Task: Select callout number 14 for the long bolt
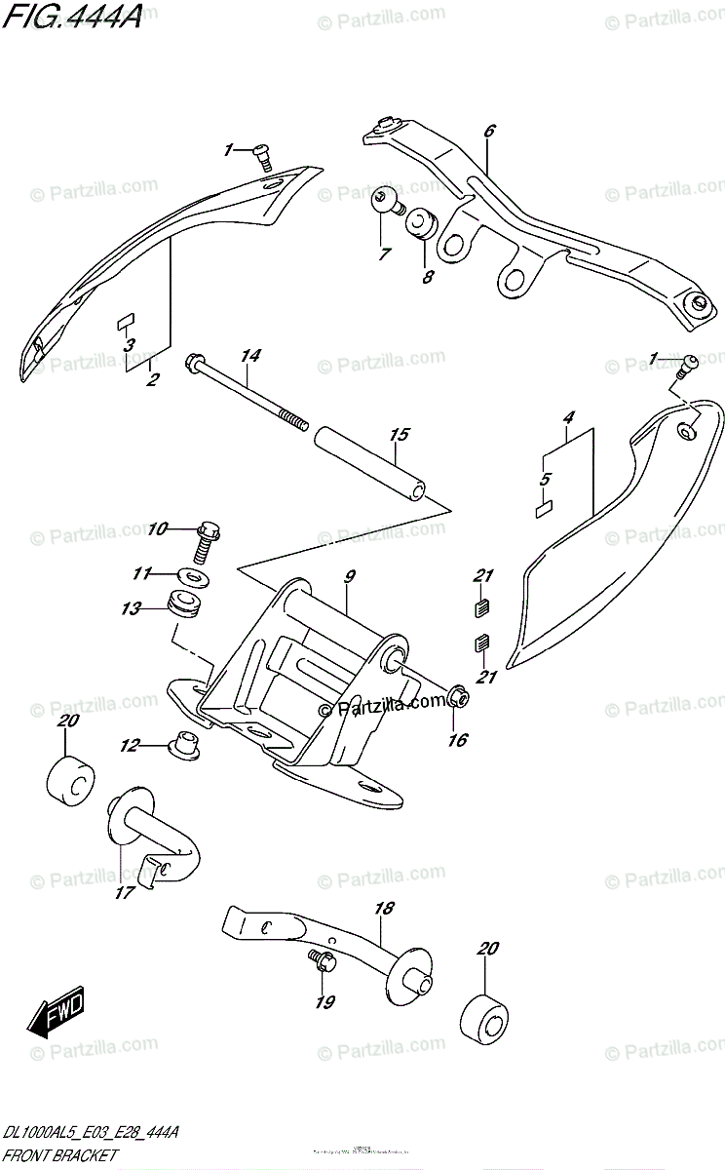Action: click(251, 357)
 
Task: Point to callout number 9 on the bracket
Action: click(349, 576)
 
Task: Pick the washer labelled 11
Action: click(194, 576)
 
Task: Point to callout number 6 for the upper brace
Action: click(488, 130)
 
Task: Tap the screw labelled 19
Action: click(322, 961)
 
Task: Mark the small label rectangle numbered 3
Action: click(125, 320)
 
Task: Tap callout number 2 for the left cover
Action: click(151, 380)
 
